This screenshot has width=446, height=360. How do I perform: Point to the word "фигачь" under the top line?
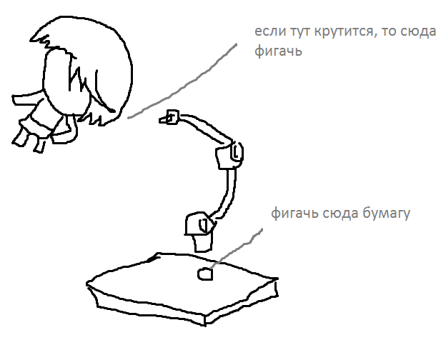click(278, 51)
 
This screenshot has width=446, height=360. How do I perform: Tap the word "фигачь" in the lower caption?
click(294, 214)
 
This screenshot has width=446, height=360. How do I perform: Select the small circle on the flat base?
click(205, 274)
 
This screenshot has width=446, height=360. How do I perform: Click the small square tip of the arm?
click(172, 117)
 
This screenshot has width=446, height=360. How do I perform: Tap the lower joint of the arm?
click(200, 224)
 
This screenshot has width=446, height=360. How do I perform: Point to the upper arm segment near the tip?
click(205, 127)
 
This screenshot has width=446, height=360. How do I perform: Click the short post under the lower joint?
click(203, 243)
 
